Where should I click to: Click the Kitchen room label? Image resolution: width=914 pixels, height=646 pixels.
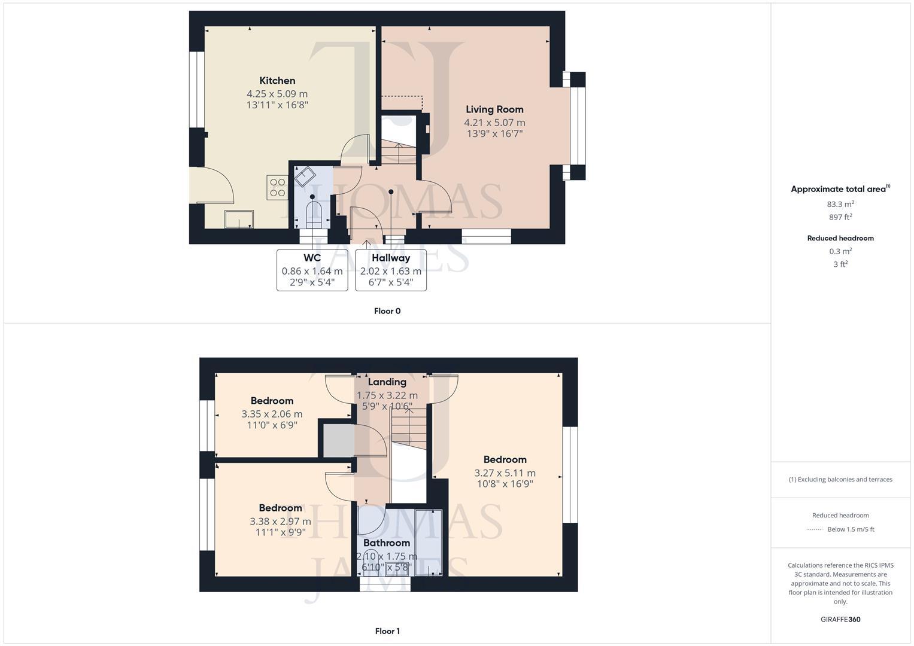277,81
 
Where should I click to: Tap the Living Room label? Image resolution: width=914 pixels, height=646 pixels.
494,109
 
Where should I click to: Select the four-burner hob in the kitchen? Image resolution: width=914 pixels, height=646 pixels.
277,188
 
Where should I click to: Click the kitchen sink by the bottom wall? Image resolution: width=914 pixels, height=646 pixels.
239,220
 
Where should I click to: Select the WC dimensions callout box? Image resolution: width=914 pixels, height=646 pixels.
312,270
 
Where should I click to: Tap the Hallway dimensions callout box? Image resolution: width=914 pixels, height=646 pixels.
390,270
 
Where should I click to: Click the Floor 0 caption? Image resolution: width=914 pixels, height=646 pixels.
387,311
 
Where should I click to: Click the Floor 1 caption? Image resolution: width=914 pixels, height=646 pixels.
387,631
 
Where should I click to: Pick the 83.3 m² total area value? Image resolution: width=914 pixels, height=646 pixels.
840,204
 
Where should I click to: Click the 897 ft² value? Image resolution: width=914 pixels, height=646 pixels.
840,217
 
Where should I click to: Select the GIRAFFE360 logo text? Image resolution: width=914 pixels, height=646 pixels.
840,620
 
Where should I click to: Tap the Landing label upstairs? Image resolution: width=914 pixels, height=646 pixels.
387,382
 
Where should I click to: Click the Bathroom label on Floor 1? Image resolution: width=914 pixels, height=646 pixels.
387,543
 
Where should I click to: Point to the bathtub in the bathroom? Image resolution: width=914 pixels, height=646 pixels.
429,543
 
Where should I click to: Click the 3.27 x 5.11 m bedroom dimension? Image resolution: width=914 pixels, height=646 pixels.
505,473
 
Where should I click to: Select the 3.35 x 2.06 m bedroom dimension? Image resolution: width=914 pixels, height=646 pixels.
272,414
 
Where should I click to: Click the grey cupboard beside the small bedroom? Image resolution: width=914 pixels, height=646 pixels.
339,441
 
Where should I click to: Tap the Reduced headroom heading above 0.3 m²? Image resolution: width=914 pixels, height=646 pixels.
840,238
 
